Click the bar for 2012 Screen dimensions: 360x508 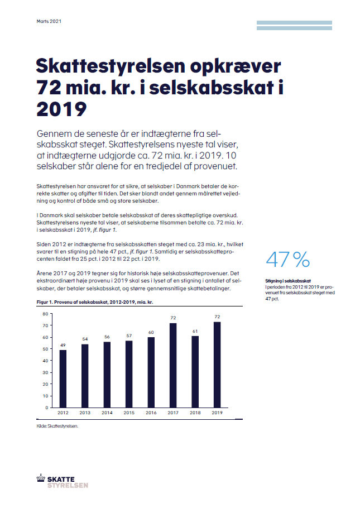pyautogui.click(x=63, y=378)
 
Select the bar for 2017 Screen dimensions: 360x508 pyautogui.click(x=173, y=365)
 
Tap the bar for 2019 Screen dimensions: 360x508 pyautogui.click(x=217, y=365)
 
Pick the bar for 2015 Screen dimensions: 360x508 pyautogui.click(x=129, y=374)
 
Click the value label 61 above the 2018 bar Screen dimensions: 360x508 pyautogui.click(x=195, y=331)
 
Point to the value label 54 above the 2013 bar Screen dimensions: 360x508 pyautogui.click(x=85, y=339)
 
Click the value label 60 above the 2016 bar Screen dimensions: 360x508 pyautogui.click(x=151, y=332)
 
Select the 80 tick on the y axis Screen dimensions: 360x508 pyautogui.click(x=45, y=314)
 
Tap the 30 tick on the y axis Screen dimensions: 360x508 pyautogui.click(x=45, y=372)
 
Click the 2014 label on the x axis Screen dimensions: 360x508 pyautogui.click(x=107, y=413)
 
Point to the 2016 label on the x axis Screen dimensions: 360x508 pyautogui.click(x=151, y=413)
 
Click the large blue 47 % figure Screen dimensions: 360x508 pyautogui.click(x=288, y=260)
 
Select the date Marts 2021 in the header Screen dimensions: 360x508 pyautogui.click(x=49, y=21)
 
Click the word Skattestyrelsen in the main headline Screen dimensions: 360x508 pyautogui.click(x=110, y=66)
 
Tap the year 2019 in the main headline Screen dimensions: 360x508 pyautogui.click(x=61, y=109)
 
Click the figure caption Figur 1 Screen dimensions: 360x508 pyautogui.click(x=45, y=302)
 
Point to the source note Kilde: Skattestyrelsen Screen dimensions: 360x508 pyautogui.click(x=57, y=426)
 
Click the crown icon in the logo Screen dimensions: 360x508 pyautogui.click(x=41, y=478)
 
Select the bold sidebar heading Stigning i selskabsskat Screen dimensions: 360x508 pyautogui.click(x=288, y=281)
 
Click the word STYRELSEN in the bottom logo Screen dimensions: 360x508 pyautogui.click(x=68, y=485)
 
